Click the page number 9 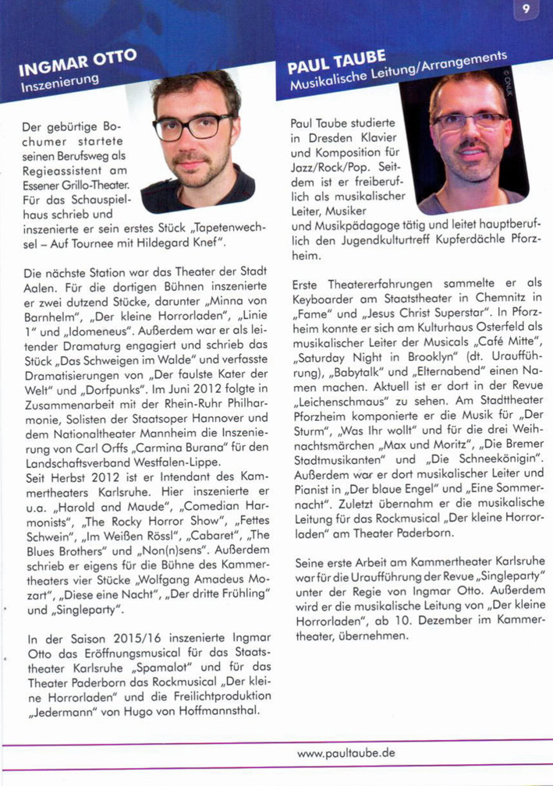click(x=526, y=11)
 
